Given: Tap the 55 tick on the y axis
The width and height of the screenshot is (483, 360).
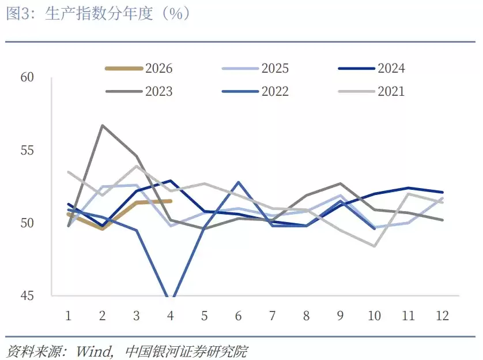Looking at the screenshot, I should pos(28,151).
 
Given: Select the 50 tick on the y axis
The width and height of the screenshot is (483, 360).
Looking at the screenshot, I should pos(28,223).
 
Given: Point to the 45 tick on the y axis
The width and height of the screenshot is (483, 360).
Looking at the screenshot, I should pos(28,296).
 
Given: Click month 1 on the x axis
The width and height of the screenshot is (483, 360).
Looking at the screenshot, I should pos(69,316).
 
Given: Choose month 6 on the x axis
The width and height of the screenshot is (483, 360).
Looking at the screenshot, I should pos(239,316).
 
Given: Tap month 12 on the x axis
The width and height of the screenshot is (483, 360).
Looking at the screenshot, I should pos(442,316).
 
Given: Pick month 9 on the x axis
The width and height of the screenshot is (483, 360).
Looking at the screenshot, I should pos(341,316).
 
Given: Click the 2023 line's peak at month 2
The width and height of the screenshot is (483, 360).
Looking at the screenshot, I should pos(103,125).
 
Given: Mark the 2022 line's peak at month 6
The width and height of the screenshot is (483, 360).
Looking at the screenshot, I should pos(239,182).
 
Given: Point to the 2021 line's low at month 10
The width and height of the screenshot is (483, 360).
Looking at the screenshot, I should pos(375,246).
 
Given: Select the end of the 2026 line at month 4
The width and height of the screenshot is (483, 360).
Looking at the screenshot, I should pos(171,201).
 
